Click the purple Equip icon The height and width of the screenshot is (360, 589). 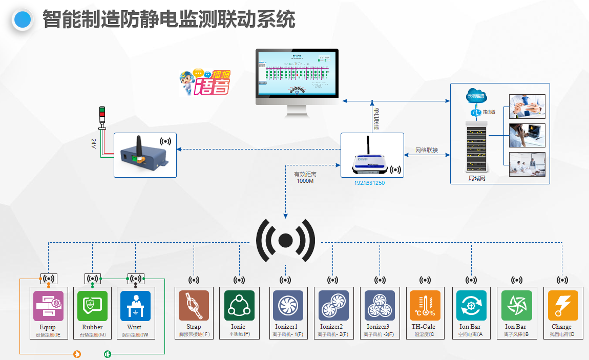tap(48, 306)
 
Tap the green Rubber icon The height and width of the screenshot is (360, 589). tap(92, 306)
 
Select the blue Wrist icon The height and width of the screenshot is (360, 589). tap(135, 306)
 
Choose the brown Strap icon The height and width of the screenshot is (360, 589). tap(194, 306)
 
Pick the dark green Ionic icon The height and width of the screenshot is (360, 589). tap(239, 306)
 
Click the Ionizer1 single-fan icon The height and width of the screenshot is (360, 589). tap(285, 306)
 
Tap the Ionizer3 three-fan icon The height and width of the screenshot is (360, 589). tap(380, 306)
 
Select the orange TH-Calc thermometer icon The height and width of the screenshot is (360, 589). tap(425, 306)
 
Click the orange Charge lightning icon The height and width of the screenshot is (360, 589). tap(562, 306)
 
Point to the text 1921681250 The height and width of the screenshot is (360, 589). tap(369, 183)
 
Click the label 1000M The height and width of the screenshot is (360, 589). tap(305, 181)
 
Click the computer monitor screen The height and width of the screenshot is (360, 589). tap(297, 74)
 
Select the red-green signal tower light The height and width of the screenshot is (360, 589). tap(101, 115)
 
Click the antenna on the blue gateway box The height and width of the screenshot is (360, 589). tap(137, 143)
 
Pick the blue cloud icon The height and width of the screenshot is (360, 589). tap(476, 96)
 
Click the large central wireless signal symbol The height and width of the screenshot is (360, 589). tap(285, 240)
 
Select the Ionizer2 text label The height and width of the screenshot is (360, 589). tap(332, 327)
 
